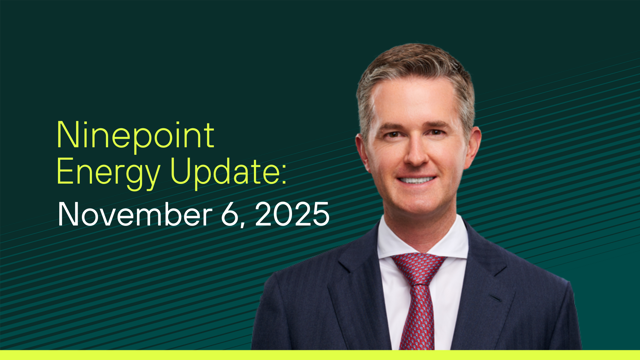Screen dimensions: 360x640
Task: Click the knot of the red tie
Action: [x=419, y=267]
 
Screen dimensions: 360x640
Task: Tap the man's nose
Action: [x=418, y=155]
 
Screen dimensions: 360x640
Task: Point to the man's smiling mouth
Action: [x=419, y=180]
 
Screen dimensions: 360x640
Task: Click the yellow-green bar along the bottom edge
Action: [x=320, y=355]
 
